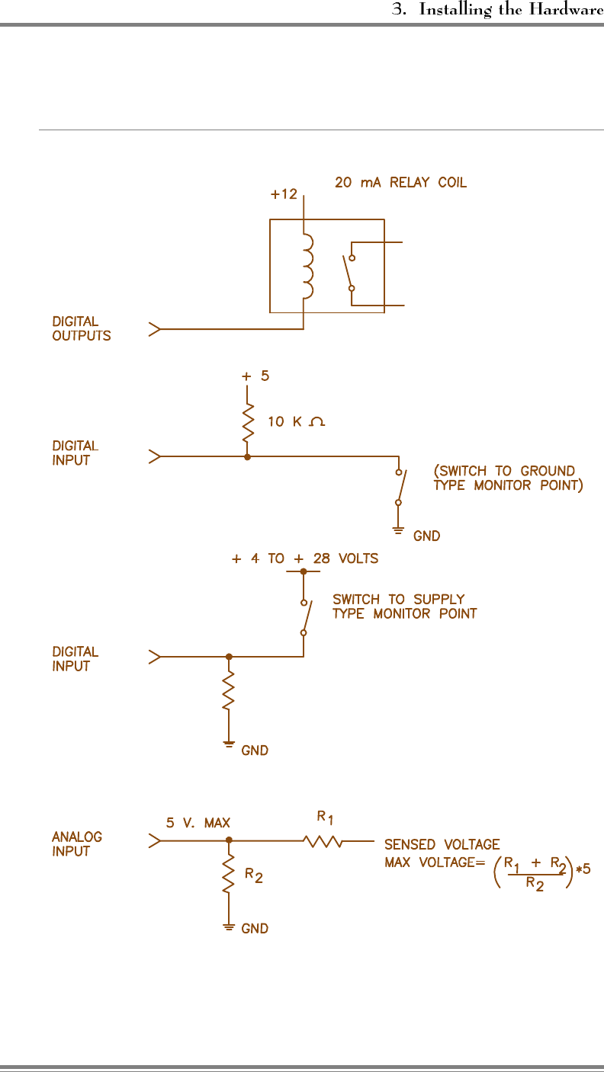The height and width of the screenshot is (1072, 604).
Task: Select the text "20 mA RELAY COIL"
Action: pos(401,183)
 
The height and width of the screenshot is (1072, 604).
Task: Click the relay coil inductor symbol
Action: pos(307,266)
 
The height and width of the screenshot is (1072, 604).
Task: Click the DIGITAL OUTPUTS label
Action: pos(81,329)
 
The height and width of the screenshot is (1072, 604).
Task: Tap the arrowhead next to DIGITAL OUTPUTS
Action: pos(155,330)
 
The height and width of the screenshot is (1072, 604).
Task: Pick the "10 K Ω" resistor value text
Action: pos(296,422)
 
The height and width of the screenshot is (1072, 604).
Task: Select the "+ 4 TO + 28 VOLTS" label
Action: pos(305,558)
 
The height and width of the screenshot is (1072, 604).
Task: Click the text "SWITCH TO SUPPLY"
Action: pos(398,600)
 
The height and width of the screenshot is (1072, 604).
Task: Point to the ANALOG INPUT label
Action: pos(76,844)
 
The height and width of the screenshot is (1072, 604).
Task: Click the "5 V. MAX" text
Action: pos(198,823)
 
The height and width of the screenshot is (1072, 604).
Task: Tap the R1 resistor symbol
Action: pos(323,842)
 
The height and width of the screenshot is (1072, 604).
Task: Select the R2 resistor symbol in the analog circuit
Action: pos(228,875)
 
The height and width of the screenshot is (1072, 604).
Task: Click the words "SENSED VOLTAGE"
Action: pos(442,844)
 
